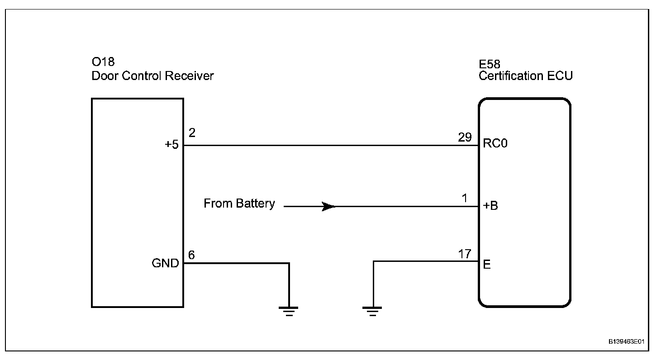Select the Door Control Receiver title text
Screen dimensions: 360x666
[152, 76]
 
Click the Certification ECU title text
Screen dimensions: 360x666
[525, 76]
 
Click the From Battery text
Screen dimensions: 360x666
[239, 204]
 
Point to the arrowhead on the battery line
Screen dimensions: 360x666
[328, 207]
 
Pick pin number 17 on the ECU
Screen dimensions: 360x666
[465, 254]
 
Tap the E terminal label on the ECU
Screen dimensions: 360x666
[487, 265]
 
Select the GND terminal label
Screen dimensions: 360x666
[165, 264]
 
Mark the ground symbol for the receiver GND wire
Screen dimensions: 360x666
[289, 311]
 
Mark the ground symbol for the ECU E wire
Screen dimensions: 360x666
[372, 311]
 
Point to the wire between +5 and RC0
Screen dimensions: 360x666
[330, 145]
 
